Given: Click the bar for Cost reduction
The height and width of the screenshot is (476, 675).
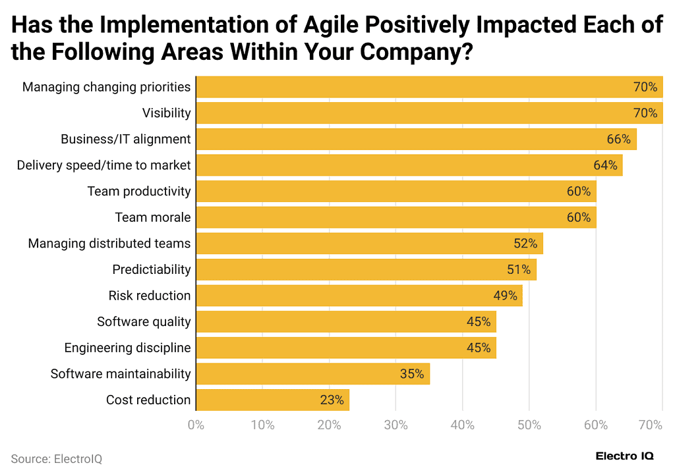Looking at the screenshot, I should click(272, 400).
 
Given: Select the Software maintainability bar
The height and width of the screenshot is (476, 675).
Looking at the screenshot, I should click(312, 374).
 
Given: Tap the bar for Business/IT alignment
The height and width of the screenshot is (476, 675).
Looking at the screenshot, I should click(416, 139).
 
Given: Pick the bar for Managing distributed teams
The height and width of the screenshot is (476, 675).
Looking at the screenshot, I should click(369, 244).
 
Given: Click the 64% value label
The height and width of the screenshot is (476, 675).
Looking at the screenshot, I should click(605, 165).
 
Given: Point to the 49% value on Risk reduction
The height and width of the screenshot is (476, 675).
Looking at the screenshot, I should click(505, 296).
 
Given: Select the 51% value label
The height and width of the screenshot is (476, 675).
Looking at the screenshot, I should click(519, 269).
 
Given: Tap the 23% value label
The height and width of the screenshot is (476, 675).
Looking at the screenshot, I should click(332, 400).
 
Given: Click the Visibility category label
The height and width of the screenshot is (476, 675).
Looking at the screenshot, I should click(166, 113).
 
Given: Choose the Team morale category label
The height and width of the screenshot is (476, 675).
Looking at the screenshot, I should click(152, 217).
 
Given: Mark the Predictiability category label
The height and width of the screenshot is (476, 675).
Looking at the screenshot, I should click(151, 269).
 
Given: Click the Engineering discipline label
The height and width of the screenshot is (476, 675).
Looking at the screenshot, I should click(127, 348).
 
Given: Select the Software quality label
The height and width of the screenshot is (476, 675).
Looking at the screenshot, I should click(144, 322).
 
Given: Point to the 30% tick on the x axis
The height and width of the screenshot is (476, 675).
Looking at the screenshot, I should click(396, 425).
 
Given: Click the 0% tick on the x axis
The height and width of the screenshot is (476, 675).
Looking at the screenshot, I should click(196, 425).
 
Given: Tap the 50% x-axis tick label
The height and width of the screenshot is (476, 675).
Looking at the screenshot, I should click(529, 425).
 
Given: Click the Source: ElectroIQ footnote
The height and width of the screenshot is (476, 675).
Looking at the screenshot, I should click(57, 459).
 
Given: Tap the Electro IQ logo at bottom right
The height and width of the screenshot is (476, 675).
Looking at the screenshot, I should click(625, 456).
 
